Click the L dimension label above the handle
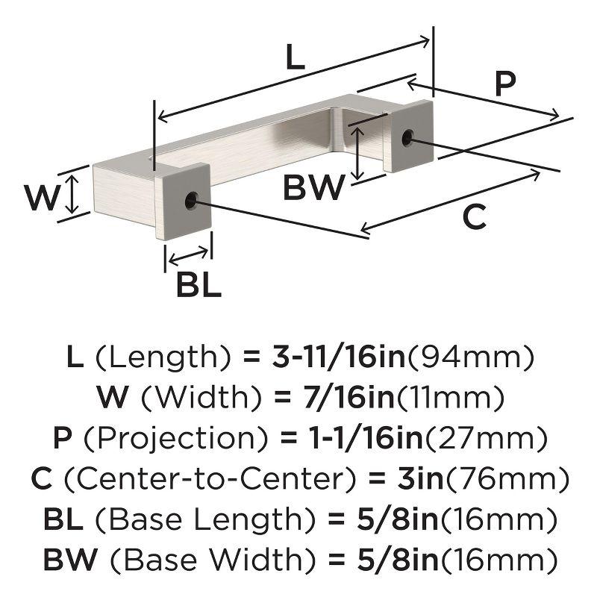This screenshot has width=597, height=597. coord(296,57)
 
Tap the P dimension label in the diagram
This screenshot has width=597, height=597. coord(505,83)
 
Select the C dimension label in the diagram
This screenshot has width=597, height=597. coord(475,216)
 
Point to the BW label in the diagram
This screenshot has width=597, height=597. coord(314,187)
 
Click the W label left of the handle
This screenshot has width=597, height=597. coord(42,197)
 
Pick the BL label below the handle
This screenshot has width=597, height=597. coord(199,285)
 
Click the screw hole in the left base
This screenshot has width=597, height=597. coord(191,200)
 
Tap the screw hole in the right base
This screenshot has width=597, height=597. coord(407,137)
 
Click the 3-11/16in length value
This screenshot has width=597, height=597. coord(339,357)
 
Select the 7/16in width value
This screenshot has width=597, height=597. coord(348,397)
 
